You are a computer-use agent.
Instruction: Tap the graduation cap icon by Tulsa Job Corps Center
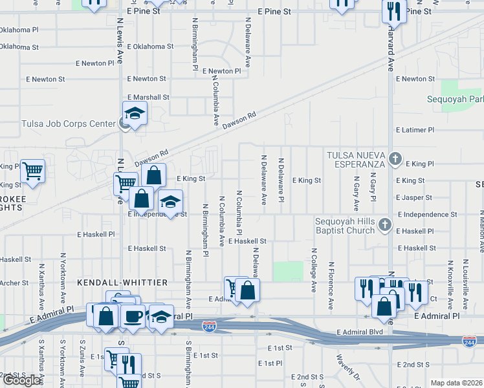pos(135,114)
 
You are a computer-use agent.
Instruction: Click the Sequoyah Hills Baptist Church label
pos(345,226)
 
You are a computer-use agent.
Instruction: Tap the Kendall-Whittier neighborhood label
pos(122,283)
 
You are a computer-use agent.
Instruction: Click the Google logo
pos(21,380)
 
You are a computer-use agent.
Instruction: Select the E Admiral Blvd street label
pos(360,332)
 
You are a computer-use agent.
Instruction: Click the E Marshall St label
pos(148,97)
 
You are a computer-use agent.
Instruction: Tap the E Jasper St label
pos(415,197)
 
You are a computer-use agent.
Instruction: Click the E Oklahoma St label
pos(150,47)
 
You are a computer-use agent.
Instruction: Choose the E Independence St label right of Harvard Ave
pos(428,214)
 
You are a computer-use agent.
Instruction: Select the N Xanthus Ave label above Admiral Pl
pos(41,290)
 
